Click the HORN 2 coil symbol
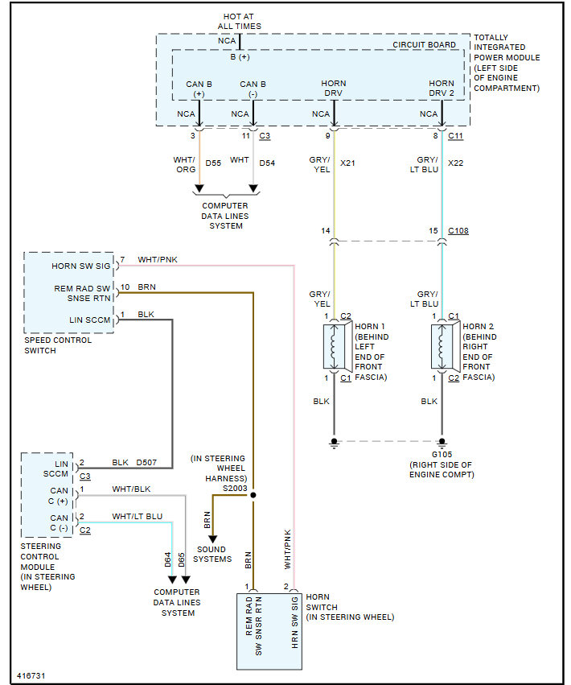click(441, 346)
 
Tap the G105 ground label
click(442, 453)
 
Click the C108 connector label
click(458, 231)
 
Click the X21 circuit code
click(347, 163)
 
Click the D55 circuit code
click(212, 163)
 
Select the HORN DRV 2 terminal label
click(442, 89)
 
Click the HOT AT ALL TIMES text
click(239, 22)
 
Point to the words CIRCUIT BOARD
click(424, 45)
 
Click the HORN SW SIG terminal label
click(80, 265)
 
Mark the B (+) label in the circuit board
click(240, 56)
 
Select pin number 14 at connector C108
click(327, 231)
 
